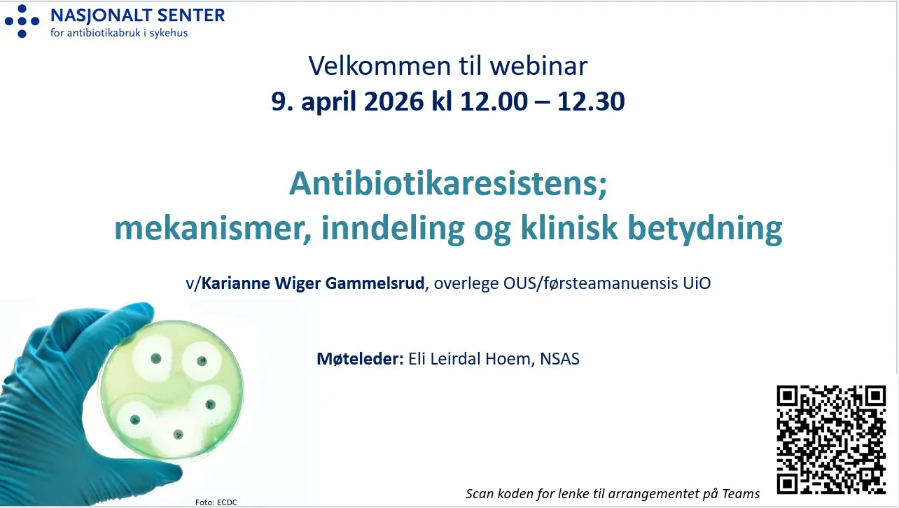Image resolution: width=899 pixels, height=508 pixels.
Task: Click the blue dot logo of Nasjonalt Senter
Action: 22,21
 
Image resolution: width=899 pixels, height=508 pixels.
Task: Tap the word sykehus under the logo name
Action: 169,33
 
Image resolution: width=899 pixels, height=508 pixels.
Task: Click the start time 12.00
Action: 494,101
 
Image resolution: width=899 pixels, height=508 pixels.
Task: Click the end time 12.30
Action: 591,101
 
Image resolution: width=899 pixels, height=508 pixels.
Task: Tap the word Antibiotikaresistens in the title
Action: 445,183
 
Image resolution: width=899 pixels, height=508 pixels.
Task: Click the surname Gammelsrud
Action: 375,283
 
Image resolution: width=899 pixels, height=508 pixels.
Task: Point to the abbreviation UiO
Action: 697,283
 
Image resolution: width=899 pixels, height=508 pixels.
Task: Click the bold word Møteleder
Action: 360,358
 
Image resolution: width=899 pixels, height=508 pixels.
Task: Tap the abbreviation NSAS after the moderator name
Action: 559,359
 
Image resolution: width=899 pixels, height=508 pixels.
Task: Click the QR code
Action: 832,439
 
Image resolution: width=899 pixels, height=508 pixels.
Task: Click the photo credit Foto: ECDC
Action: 216,502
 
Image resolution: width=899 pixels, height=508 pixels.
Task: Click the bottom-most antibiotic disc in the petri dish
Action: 178,435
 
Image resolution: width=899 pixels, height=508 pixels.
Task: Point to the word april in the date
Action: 328,102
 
